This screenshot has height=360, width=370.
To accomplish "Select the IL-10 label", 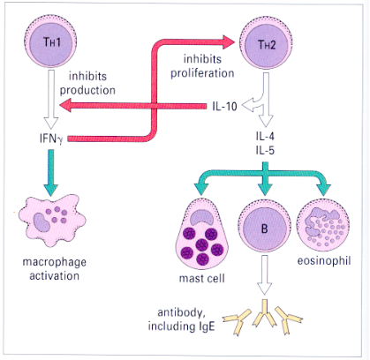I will [225, 106].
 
